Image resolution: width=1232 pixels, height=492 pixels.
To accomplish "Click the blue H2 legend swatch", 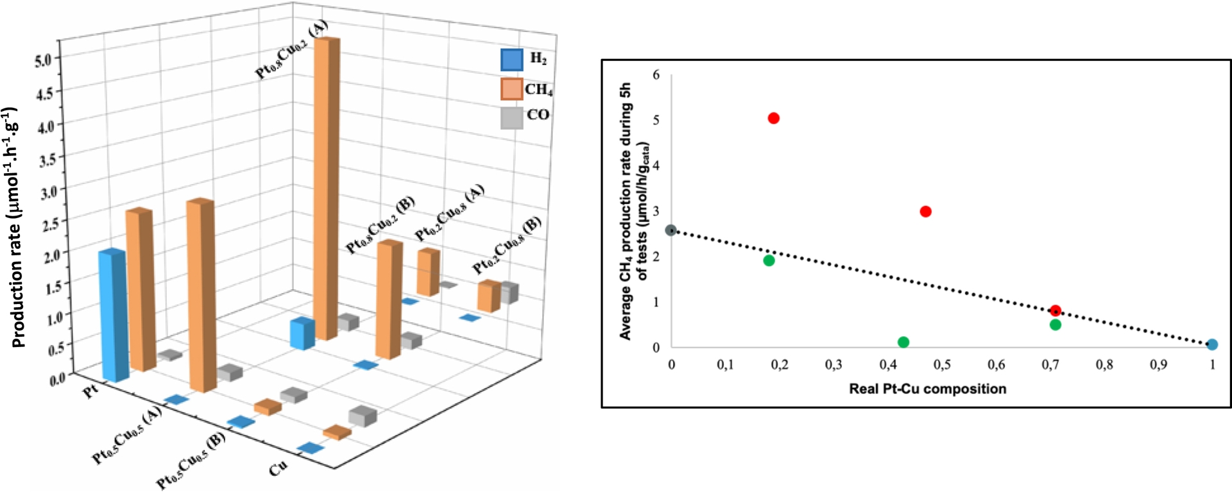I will click(511, 60).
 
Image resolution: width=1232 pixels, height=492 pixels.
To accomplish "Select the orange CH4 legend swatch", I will click(511, 89).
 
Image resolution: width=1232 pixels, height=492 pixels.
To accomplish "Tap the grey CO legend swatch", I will click(511, 117).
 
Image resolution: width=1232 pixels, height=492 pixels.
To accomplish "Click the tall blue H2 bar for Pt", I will click(113, 314).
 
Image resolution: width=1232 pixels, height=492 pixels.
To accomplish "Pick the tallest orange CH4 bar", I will click(327, 186).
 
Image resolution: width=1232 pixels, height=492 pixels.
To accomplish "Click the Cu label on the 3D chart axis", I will click(278, 469).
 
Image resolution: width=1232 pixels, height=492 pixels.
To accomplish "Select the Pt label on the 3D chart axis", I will click(92, 391).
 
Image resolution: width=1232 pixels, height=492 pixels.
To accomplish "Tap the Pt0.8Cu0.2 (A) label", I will click(291, 49).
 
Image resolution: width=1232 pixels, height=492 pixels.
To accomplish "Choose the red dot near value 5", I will click(773, 118).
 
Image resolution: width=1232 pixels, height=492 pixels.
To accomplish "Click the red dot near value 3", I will click(925, 212).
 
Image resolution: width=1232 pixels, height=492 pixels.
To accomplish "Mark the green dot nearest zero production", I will click(903, 342).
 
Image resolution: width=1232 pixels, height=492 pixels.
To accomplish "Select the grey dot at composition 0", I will click(671, 230).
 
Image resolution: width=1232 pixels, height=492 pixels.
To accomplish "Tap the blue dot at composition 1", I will click(1211, 344).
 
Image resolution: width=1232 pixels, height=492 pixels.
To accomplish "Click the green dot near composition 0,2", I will click(769, 260).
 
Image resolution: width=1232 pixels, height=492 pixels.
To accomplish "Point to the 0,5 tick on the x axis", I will click(941, 365).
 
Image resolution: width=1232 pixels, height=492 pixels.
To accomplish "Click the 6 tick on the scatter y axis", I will click(656, 75).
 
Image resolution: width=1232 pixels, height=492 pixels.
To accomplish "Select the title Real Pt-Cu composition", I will click(927, 389).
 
